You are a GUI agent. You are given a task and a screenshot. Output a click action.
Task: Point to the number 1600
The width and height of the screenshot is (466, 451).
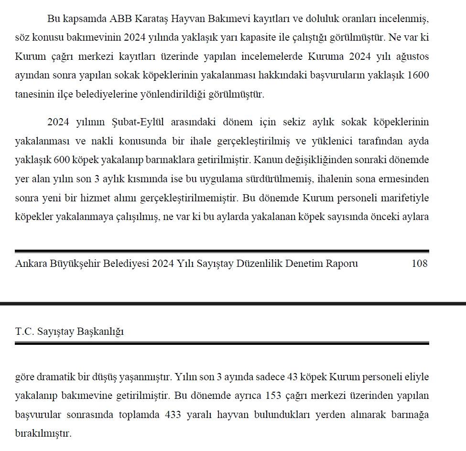click(416, 75)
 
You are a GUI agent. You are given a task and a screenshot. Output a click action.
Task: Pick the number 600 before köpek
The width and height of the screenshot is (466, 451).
click(62, 160)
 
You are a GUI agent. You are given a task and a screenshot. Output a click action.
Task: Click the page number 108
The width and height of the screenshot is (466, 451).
click(419, 264)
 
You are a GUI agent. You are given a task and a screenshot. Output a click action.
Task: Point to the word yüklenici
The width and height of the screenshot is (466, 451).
click(339, 141)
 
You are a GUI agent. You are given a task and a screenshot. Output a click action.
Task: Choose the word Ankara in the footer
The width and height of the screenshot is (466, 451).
click(32, 264)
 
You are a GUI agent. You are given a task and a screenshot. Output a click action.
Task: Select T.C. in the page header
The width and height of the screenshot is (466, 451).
click(24, 331)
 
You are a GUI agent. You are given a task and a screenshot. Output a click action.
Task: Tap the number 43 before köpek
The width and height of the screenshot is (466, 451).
click(293, 377)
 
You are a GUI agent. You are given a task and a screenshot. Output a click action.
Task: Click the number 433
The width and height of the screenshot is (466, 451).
click(173, 415)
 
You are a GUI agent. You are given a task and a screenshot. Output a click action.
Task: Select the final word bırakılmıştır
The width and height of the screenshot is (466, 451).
click(43, 434)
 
